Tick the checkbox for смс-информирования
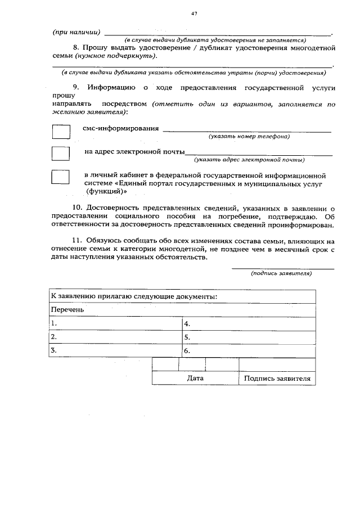point(61,132)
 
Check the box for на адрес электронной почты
point(61,155)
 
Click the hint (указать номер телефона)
point(249,137)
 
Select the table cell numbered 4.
point(249,324)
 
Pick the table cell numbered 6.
point(249,351)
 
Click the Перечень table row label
point(67,310)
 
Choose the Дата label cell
point(195,379)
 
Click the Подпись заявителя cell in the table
point(277,379)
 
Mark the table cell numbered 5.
point(249,337)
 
